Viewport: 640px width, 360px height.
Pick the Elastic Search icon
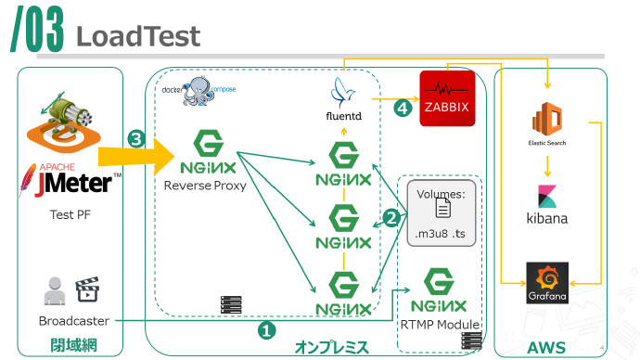546,122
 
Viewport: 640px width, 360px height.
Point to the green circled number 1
266,329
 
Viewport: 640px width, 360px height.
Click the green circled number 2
391,219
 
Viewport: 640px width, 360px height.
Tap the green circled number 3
136,140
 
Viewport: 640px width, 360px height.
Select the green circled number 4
401,108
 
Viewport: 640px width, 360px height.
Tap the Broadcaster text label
74,321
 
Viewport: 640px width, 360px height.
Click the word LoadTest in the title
137,35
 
